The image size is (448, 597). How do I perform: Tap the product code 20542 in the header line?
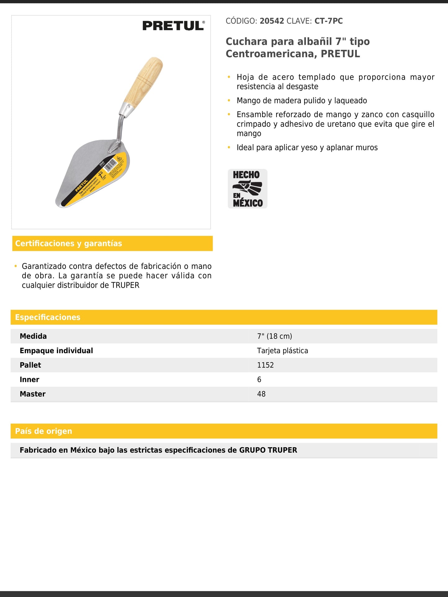coord(272,21)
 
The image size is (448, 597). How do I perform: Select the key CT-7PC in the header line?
coord(329,21)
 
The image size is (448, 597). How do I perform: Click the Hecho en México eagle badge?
coord(247,189)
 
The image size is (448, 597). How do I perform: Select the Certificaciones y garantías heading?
coord(69,244)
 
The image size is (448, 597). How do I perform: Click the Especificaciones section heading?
coord(48,317)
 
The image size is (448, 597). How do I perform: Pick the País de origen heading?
coord(44,431)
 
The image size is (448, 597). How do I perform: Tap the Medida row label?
coord(33,336)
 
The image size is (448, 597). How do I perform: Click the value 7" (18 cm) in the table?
coord(274,336)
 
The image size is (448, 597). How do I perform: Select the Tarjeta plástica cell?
coord(282,351)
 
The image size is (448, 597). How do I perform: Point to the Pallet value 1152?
coord(265,365)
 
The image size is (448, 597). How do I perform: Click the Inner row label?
coord(29,380)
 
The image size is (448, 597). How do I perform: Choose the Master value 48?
coord(261,394)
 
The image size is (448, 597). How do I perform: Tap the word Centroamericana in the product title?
coord(271,54)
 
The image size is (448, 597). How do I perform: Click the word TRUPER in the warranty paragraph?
coord(125,285)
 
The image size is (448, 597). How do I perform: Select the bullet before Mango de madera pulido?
coord(229,100)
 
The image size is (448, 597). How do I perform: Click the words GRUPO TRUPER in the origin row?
coord(268,450)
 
